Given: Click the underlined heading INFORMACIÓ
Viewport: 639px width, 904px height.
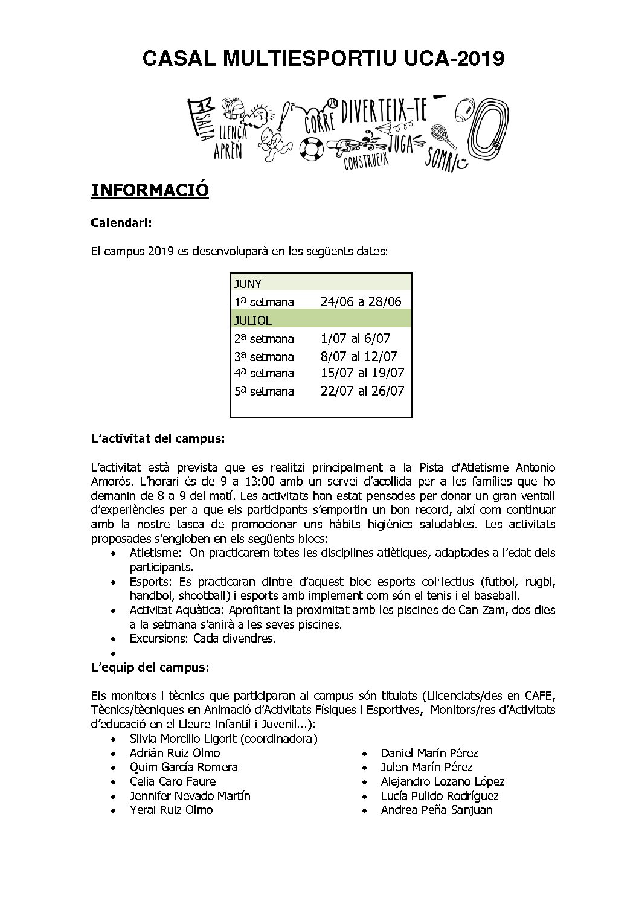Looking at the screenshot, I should [x=150, y=190].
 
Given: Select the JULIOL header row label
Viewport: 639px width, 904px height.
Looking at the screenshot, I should [x=253, y=321].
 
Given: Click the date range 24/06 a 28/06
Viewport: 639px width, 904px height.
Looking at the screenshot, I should [x=361, y=302].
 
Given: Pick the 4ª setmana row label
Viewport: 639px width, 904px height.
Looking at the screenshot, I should [x=264, y=373].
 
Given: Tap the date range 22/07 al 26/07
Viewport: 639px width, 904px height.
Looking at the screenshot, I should [x=362, y=391].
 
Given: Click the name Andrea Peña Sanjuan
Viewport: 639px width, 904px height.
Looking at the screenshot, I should [x=436, y=810].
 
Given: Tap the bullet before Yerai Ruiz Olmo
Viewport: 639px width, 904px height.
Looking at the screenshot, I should [x=115, y=810].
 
